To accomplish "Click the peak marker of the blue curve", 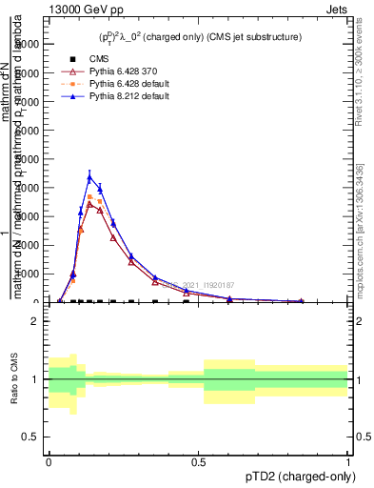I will [90, 177].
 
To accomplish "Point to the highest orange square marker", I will [90, 197].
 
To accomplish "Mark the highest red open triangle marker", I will [90, 204].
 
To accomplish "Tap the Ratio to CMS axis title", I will [14, 379].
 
